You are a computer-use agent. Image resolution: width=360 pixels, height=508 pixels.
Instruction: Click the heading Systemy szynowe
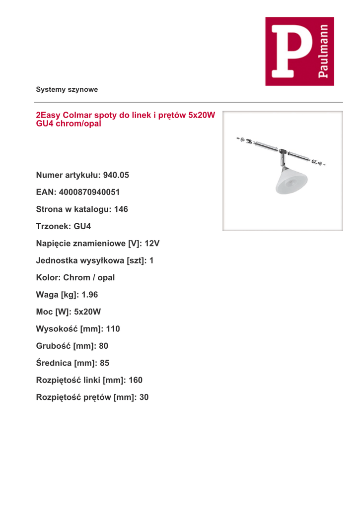click(x=67, y=90)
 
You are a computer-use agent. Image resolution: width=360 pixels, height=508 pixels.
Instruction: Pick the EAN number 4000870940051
click(x=89, y=192)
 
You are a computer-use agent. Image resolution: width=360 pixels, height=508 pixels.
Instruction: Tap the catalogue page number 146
click(x=121, y=209)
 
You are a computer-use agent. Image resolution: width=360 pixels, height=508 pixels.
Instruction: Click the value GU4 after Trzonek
click(x=82, y=226)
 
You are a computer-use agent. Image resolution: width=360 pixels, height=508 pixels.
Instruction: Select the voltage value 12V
click(x=152, y=244)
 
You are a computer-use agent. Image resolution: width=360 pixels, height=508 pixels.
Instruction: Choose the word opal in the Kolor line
click(x=106, y=278)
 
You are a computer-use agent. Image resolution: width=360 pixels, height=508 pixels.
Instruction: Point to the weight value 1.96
click(x=89, y=295)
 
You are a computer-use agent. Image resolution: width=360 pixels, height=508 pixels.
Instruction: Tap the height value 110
click(x=113, y=329)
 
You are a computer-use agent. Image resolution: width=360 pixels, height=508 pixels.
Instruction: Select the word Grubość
click(x=53, y=346)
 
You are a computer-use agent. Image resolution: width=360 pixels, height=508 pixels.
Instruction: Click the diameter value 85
click(x=104, y=363)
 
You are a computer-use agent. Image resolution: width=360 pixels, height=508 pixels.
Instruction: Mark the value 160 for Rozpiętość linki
click(x=135, y=380)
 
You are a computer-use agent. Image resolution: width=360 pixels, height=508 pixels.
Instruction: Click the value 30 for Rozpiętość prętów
click(x=144, y=397)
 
